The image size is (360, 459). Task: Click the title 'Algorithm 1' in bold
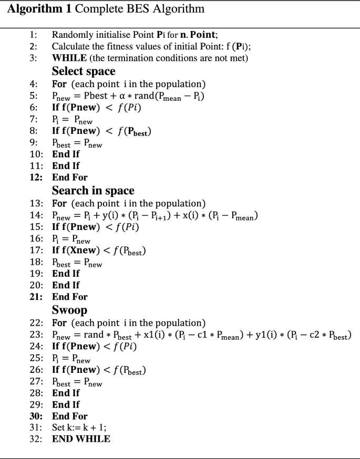[35, 9]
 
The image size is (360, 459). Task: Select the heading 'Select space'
[84, 71]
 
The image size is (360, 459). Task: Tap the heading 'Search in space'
[93, 190]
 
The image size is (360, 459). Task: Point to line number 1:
[33, 35]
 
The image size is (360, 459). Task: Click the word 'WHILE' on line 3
[68, 58]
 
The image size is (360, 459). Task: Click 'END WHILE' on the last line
[81, 439]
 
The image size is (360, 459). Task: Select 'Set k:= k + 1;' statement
[79, 427]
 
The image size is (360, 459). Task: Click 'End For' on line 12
[69, 177]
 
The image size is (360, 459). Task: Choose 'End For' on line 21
[69, 297]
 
